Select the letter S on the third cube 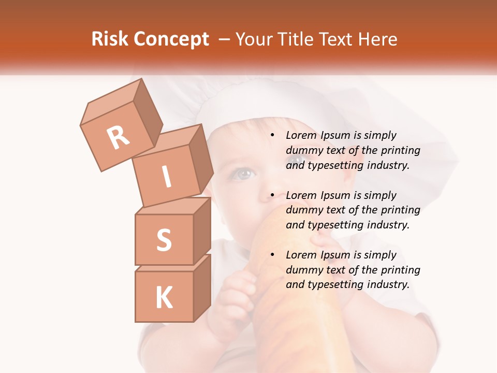164,239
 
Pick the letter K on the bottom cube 164,297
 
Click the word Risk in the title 110,39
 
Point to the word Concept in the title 171,39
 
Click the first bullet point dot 272,136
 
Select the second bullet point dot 272,196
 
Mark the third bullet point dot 272,255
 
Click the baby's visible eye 241,174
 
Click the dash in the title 225,39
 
